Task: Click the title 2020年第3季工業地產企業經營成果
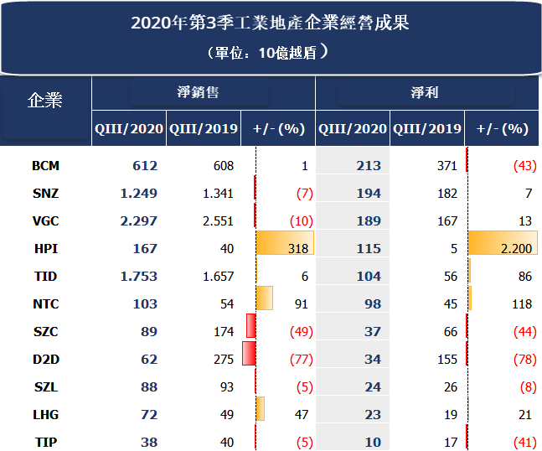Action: coord(270,23)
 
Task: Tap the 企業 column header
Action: coord(45,100)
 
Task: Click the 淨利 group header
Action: coord(426,92)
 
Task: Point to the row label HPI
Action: coord(45,248)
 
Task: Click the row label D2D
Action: coord(45,359)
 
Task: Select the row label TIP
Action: coord(45,442)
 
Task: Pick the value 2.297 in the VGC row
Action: coord(139,220)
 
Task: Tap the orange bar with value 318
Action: coord(284,244)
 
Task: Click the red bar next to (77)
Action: coord(248,354)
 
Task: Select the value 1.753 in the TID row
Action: coord(139,276)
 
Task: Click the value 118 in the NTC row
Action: coord(521,303)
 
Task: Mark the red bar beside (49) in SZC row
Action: coord(250,326)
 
